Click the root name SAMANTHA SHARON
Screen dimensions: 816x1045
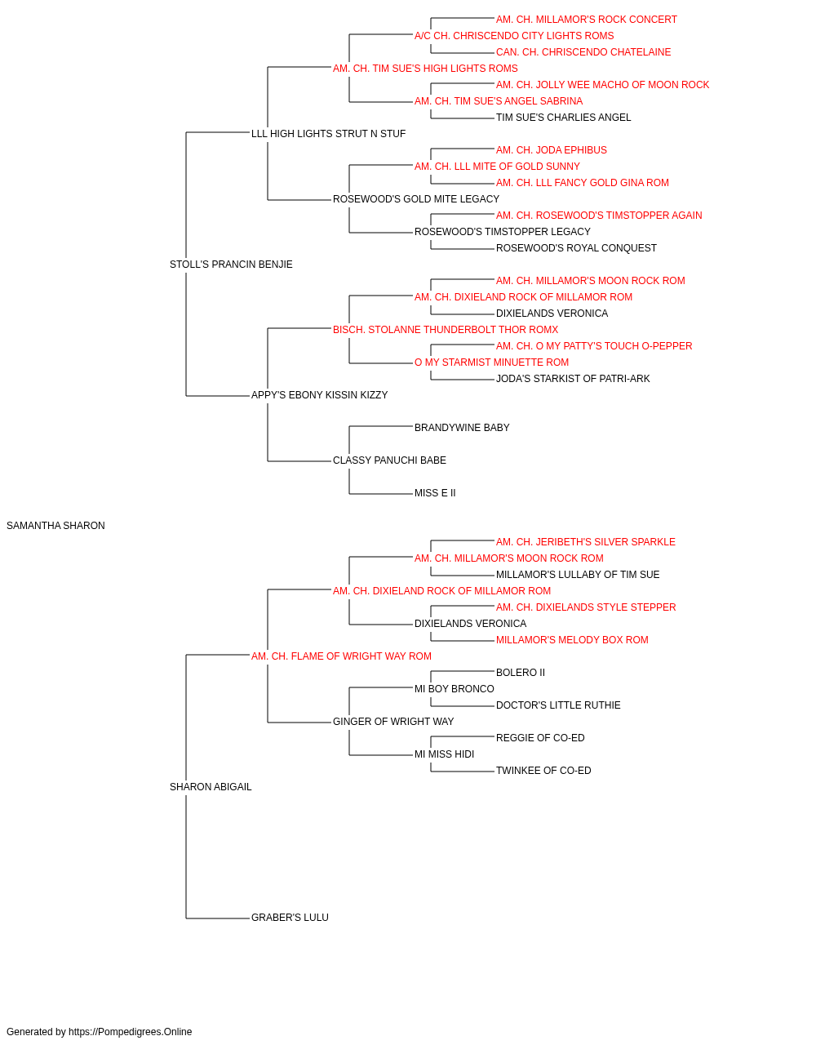coord(55,526)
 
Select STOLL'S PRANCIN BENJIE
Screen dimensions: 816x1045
coord(231,265)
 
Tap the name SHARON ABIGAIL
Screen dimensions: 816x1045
coord(211,787)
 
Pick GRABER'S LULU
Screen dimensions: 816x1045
coord(290,918)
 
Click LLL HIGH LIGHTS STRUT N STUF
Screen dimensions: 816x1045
coord(328,134)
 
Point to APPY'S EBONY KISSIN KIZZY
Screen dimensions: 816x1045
coord(320,395)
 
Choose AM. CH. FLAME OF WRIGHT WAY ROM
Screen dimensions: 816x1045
coord(341,656)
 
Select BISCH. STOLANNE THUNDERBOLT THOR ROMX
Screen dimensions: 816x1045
coord(446,329)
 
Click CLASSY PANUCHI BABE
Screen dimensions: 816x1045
coord(389,460)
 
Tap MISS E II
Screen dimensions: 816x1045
coord(435,493)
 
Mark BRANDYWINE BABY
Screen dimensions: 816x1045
coord(462,428)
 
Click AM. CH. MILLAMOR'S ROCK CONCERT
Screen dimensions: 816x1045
coord(586,20)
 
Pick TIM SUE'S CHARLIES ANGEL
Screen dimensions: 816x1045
coord(563,118)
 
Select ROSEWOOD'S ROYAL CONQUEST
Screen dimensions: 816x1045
coord(576,248)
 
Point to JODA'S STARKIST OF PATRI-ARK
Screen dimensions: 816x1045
coord(573,379)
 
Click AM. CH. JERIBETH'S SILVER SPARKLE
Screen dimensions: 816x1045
coord(585,542)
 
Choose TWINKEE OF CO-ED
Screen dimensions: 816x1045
coord(543,771)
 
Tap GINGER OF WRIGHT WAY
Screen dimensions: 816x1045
coord(393,722)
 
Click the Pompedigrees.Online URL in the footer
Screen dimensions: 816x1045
coord(131,1032)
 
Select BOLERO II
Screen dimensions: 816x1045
coord(521,672)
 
